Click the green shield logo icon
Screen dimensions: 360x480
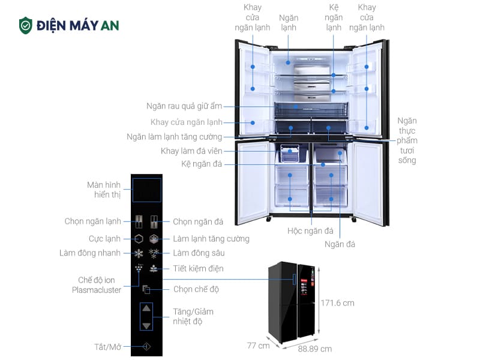(x=25, y=25)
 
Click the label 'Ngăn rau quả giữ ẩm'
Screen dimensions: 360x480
(x=184, y=106)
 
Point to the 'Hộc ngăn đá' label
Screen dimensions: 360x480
(x=310, y=231)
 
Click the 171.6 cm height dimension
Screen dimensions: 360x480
(x=337, y=303)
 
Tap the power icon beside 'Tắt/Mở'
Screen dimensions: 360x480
(x=146, y=346)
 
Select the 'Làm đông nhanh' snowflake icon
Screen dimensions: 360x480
(x=139, y=253)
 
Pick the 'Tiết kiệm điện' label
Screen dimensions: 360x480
(x=198, y=268)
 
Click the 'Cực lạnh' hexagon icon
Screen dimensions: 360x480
(x=139, y=238)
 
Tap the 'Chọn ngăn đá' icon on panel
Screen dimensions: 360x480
(x=154, y=221)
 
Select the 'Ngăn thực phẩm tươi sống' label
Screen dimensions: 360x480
(x=406, y=140)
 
